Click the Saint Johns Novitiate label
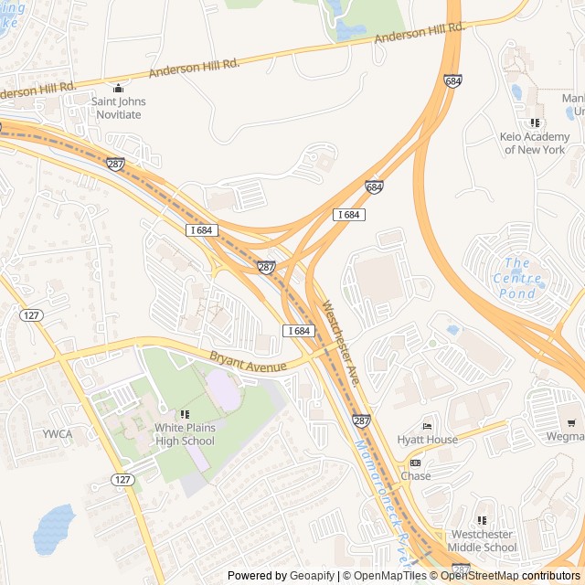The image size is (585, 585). tap(117, 108)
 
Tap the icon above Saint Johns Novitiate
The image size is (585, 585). tap(117, 89)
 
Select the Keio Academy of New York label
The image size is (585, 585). tap(534, 144)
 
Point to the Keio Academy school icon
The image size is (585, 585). tap(535, 122)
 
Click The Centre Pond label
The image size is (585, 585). tap(517, 278)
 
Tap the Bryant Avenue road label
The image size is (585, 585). tap(248, 360)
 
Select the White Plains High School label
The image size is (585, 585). tap(185, 434)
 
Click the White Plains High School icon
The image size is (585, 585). tap(186, 414)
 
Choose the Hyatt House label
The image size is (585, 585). tap(427, 440)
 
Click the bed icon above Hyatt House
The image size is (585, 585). tap(426, 426)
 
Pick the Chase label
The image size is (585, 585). tap(416, 476)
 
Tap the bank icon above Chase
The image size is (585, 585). tap(415, 463)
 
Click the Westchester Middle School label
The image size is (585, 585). tap(482, 541)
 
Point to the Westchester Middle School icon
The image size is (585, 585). tap(482, 521)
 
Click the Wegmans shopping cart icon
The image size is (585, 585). tap(572, 422)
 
